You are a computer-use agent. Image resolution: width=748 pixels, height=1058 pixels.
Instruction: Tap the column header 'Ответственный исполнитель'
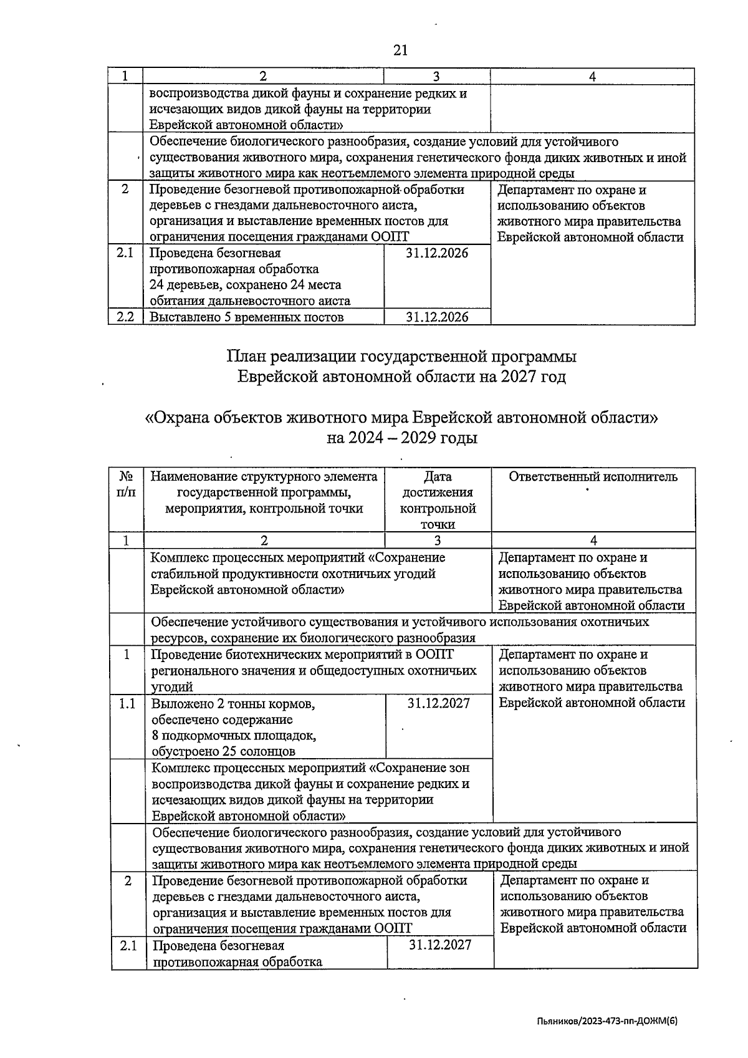[x=593, y=477]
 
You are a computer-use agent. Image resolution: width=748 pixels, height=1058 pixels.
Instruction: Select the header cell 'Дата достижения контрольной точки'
[x=438, y=500]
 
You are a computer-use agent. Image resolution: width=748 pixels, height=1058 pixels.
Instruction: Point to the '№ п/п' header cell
[x=127, y=484]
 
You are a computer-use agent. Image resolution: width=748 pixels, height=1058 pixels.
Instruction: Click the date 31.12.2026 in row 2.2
[x=437, y=317]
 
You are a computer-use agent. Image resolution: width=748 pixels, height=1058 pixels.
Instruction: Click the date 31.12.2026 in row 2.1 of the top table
[x=437, y=253]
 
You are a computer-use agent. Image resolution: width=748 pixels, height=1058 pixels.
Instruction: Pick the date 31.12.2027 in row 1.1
[x=438, y=703]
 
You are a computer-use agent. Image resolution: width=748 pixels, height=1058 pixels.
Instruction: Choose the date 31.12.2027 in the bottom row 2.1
[x=440, y=945]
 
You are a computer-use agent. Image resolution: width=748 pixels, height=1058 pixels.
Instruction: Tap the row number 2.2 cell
[x=125, y=317]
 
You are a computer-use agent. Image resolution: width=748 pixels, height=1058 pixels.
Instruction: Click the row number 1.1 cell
[x=127, y=703]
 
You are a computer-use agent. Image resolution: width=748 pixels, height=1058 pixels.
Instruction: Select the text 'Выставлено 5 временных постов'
[x=247, y=317]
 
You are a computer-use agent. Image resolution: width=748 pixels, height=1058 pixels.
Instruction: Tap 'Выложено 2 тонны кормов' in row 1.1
[x=233, y=704]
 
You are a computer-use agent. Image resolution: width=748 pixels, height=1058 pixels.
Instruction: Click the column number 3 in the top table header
[x=436, y=76]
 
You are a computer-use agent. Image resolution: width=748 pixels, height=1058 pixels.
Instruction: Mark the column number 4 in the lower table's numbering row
[x=593, y=541]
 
